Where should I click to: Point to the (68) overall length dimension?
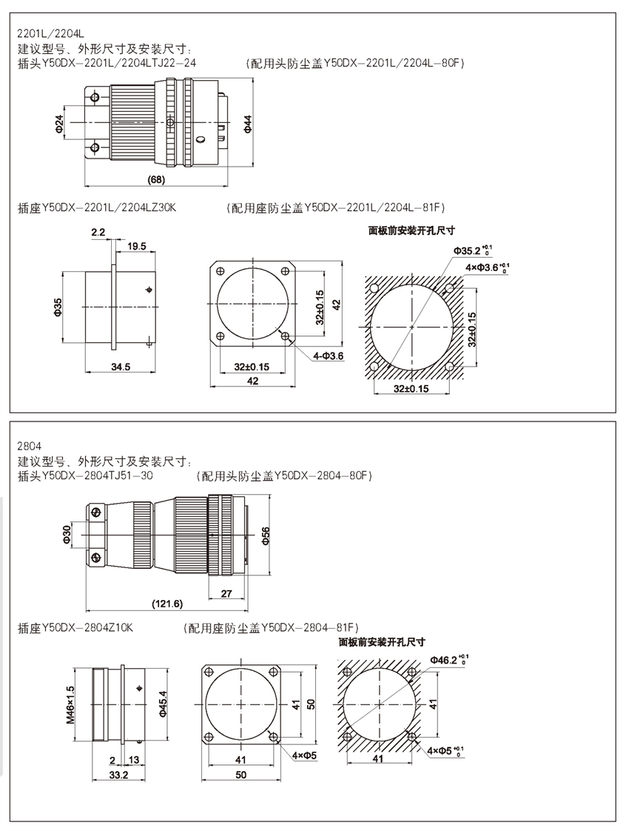tap(157, 179)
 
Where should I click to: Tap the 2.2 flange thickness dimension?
tap(98, 233)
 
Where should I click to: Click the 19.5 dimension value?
tap(136, 246)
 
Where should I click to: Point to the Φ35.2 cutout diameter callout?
tap(474, 250)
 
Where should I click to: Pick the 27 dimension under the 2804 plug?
tap(226, 593)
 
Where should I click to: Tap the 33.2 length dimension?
tap(109, 775)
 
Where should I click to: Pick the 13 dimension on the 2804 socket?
tap(134, 760)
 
